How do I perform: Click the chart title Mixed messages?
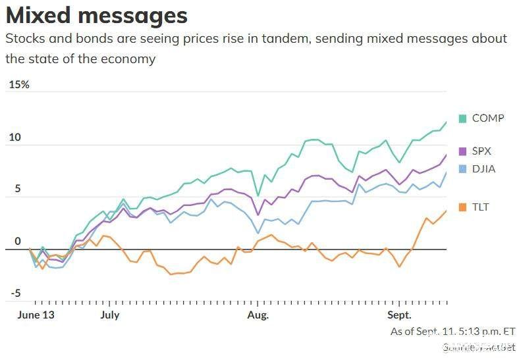coord(96,15)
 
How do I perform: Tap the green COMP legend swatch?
coord(462,118)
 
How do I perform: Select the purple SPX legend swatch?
coord(462,151)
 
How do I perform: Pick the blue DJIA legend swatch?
coord(462,169)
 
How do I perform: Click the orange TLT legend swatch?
coord(462,207)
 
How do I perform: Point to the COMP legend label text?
coord(488,118)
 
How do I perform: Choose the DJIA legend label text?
coord(484,169)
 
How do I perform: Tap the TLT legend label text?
coord(481,207)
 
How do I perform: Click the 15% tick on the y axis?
coord(18,85)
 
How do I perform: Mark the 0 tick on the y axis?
coord(18,242)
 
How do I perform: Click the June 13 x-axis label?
coord(35,315)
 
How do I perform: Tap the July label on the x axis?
coord(110,315)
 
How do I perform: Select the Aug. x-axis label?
coord(258,315)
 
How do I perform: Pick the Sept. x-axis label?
coord(399,315)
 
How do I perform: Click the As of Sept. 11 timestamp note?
coord(452,332)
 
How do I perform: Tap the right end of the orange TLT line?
coord(446,211)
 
